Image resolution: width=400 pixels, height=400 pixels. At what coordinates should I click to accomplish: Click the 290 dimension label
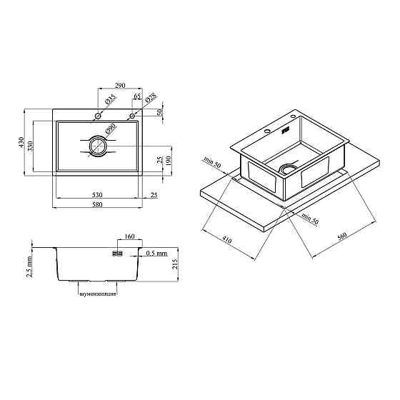(x=120, y=85)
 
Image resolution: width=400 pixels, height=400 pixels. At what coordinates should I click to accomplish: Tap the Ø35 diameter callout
(x=111, y=99)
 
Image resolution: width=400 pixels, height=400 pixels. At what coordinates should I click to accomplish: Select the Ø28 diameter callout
(x=151, y=97)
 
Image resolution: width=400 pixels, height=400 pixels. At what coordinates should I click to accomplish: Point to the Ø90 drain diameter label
(x=111, y=129)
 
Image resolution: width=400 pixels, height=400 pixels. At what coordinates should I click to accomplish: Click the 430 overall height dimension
(x=21, y=142)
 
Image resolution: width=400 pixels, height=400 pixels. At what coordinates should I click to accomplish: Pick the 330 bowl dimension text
(x=30, y=146)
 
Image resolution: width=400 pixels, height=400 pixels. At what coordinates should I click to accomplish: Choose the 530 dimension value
(x=97, y=195)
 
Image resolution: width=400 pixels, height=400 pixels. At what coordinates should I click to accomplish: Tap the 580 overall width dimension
(x=97, y=204)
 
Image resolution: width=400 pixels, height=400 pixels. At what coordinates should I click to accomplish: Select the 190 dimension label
(x=169, y=161)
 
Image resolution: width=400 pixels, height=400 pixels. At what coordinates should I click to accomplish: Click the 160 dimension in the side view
(x=129, y=236)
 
